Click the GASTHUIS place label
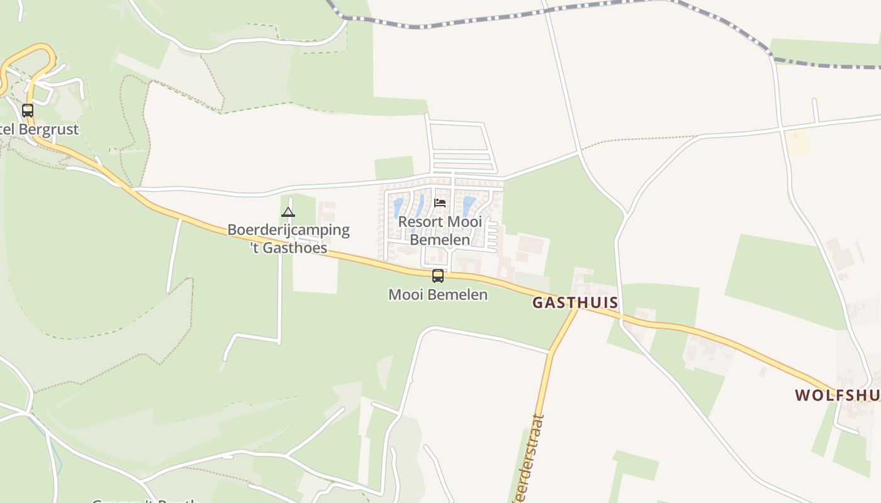pos(575,302)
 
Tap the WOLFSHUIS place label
pos(837,395)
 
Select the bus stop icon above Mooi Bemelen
pos(438,275)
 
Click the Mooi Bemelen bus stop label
pos(438,294)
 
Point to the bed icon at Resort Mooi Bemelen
pos(440,203)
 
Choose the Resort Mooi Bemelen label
pos(440,230)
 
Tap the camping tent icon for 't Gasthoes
pos(288,212)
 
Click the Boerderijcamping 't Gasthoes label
pos(288,238)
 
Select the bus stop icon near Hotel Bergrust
pos(28,111)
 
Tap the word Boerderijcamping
pos(288,229)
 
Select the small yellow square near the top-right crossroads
pos(797,142)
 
